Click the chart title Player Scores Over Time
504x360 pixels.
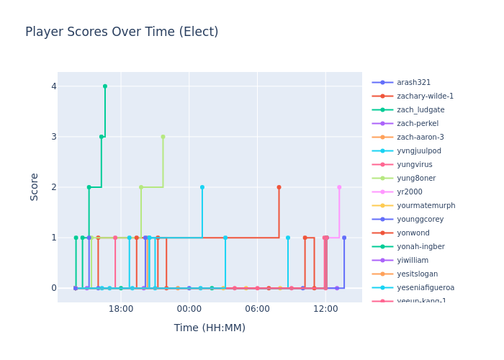[x=122, y=32]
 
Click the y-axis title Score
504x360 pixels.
[x=35, y=186]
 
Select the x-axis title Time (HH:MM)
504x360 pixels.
[x=210, y=328]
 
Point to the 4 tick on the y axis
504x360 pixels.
[x=53, y=86]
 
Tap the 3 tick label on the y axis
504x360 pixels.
[x=53, y=137]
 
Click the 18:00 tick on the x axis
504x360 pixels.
[x=121, y=309]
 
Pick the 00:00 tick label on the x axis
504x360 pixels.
[x=189, y=309]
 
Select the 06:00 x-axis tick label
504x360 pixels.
[x=257, y=309]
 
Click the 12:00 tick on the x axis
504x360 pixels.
[x=325, y=309]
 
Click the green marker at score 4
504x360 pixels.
[x=105, y=86]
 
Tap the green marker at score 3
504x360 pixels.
[x=101, y=137]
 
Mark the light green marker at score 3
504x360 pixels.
[x=163, y=137]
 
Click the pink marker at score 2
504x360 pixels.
[x=339, y=187]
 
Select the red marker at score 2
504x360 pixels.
[x=279, y=187]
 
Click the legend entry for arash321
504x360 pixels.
[x=413, y=83]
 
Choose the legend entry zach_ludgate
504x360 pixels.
[x=420, y=110]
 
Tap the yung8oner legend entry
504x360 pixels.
[x=416, y=179]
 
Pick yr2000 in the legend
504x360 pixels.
[x=410, y=192]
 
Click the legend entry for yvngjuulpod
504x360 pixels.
[x=419, y=151]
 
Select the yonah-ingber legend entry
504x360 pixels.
[x=421, y=247]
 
